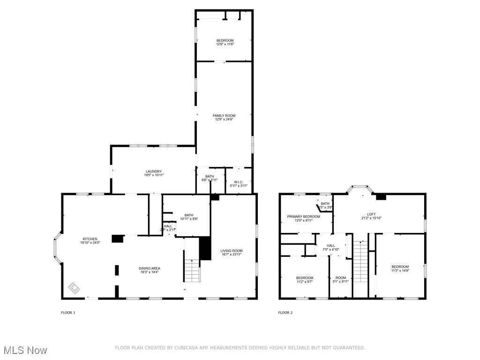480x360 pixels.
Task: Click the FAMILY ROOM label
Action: [x=224, y=115]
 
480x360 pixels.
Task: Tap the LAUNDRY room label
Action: [x=153, y=171]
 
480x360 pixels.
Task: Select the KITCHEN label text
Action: [x=90, y=239]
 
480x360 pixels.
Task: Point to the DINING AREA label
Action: [x=150, y=268]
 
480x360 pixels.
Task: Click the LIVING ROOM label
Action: [x=232, y=250]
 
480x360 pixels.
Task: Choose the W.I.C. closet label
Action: [x=239, y=182]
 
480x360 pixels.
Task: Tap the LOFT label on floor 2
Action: [x=371, y=214]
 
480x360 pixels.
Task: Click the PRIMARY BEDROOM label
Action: [x=304, y=217]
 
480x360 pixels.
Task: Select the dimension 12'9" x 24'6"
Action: [x=224, y=120]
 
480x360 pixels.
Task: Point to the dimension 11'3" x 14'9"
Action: [x=400, y=270]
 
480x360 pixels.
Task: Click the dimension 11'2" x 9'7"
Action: [x=304, y=282]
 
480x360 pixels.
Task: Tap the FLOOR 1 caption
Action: [x=68, y=313]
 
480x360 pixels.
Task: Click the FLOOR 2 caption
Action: [x=285, y=313]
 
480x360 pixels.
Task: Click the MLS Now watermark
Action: [x=24, y=350]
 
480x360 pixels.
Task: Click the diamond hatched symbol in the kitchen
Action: [x=74, y=287]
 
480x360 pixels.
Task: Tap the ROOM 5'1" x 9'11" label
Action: [x=340, y=280]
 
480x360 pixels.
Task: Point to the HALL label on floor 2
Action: [x=331, y=246]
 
